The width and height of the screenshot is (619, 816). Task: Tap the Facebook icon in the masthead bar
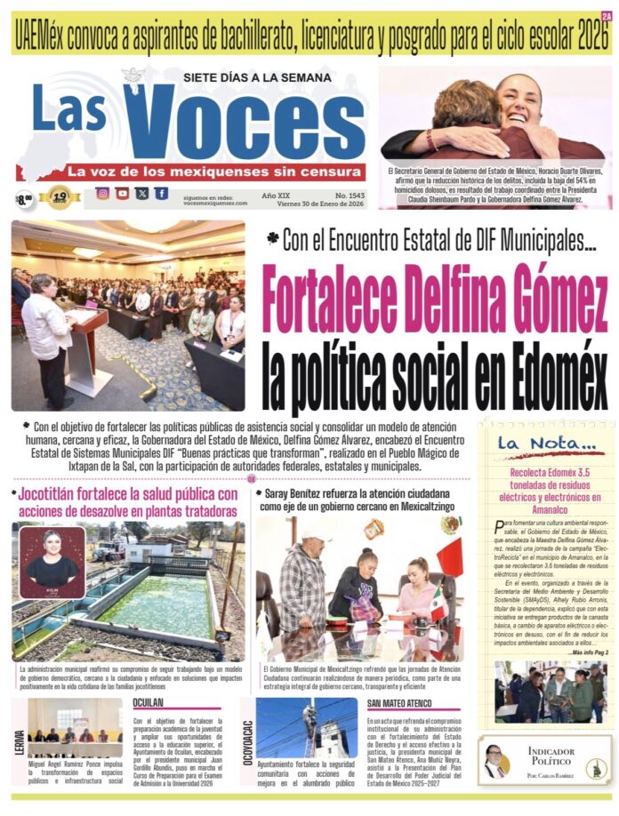click(161, 193)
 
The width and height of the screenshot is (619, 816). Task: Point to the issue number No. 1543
click(345, 194)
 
